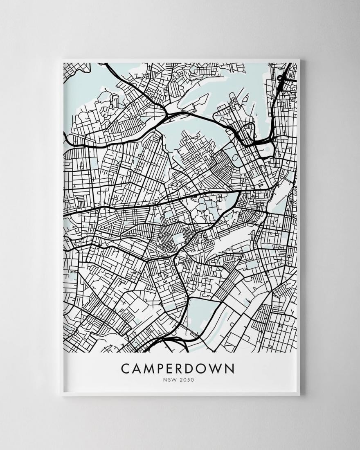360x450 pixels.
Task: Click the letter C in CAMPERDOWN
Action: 126,368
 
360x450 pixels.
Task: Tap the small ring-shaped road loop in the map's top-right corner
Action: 282,77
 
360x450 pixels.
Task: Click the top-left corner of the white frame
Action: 61,60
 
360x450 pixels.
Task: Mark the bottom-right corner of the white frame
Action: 300,396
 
